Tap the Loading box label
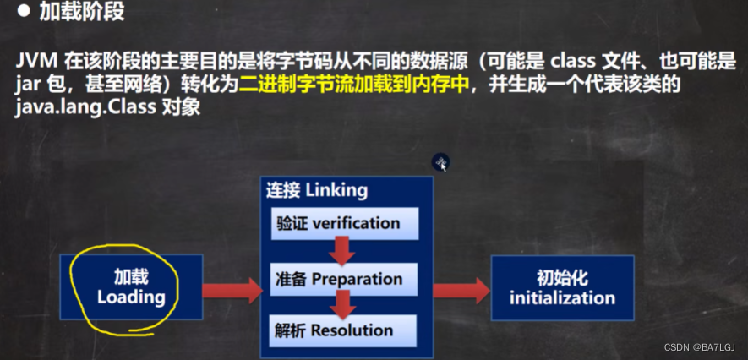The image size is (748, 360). tap(131, 287)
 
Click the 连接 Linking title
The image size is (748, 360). tap(318, 189)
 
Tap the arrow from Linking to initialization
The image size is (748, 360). tap(461, 290)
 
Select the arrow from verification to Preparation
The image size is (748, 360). tap(342, 250)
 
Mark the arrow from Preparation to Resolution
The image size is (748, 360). tap(343, 303)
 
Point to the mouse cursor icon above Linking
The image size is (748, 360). tap(440, 162)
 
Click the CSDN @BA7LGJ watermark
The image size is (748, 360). tap(699, 348)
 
